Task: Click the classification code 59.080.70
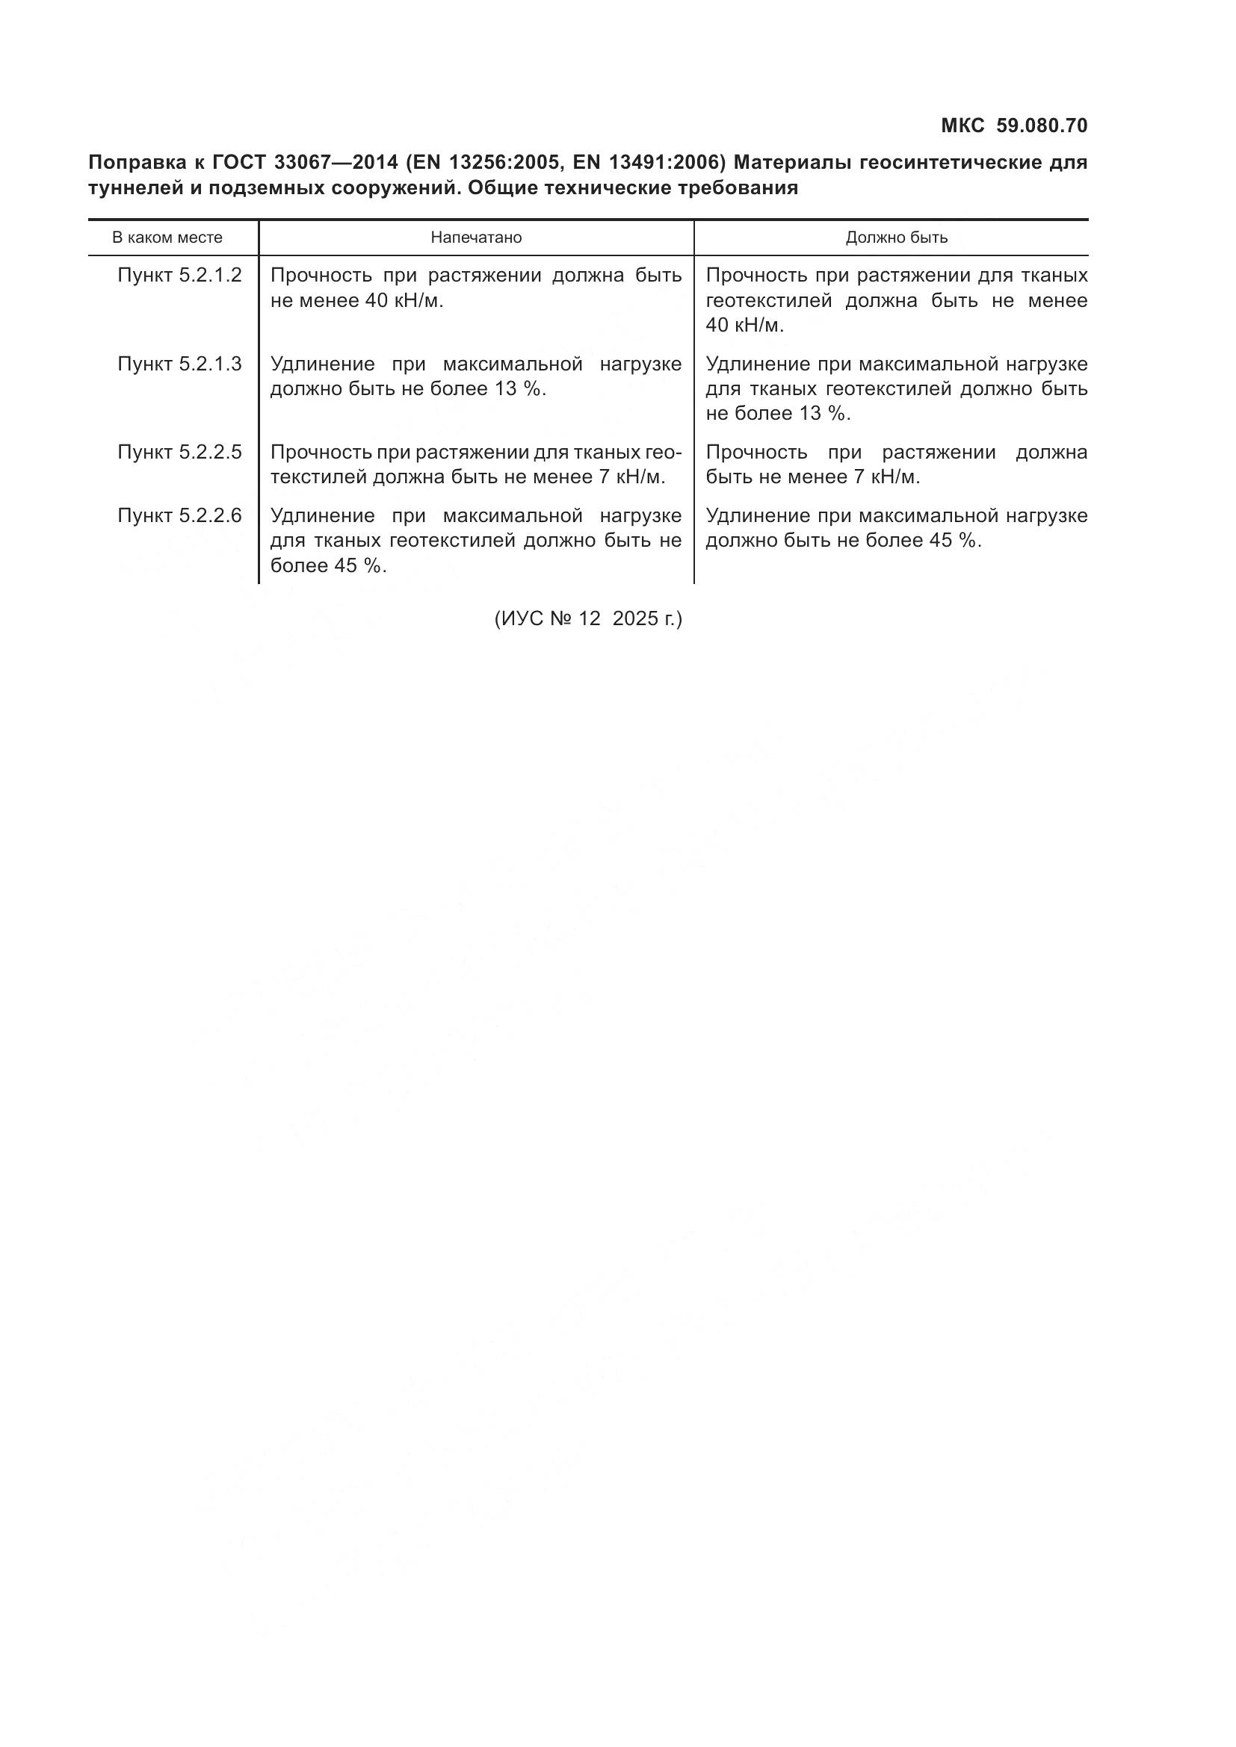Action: click(x=1042, y=125)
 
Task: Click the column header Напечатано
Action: click(x=476, y=238)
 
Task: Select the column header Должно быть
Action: click(x=897, y=238)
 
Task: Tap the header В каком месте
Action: click(x=167, y=238)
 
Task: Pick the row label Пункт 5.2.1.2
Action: click(x=179, y=276)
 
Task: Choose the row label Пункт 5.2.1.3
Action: click(x=179, y=364)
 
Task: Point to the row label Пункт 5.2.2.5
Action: click(x=179, y=452)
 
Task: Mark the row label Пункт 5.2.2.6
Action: click(x=179, y=516)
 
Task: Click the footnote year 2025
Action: click(x=634, y=618)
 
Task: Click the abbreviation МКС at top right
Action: click(x=962, y=125)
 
